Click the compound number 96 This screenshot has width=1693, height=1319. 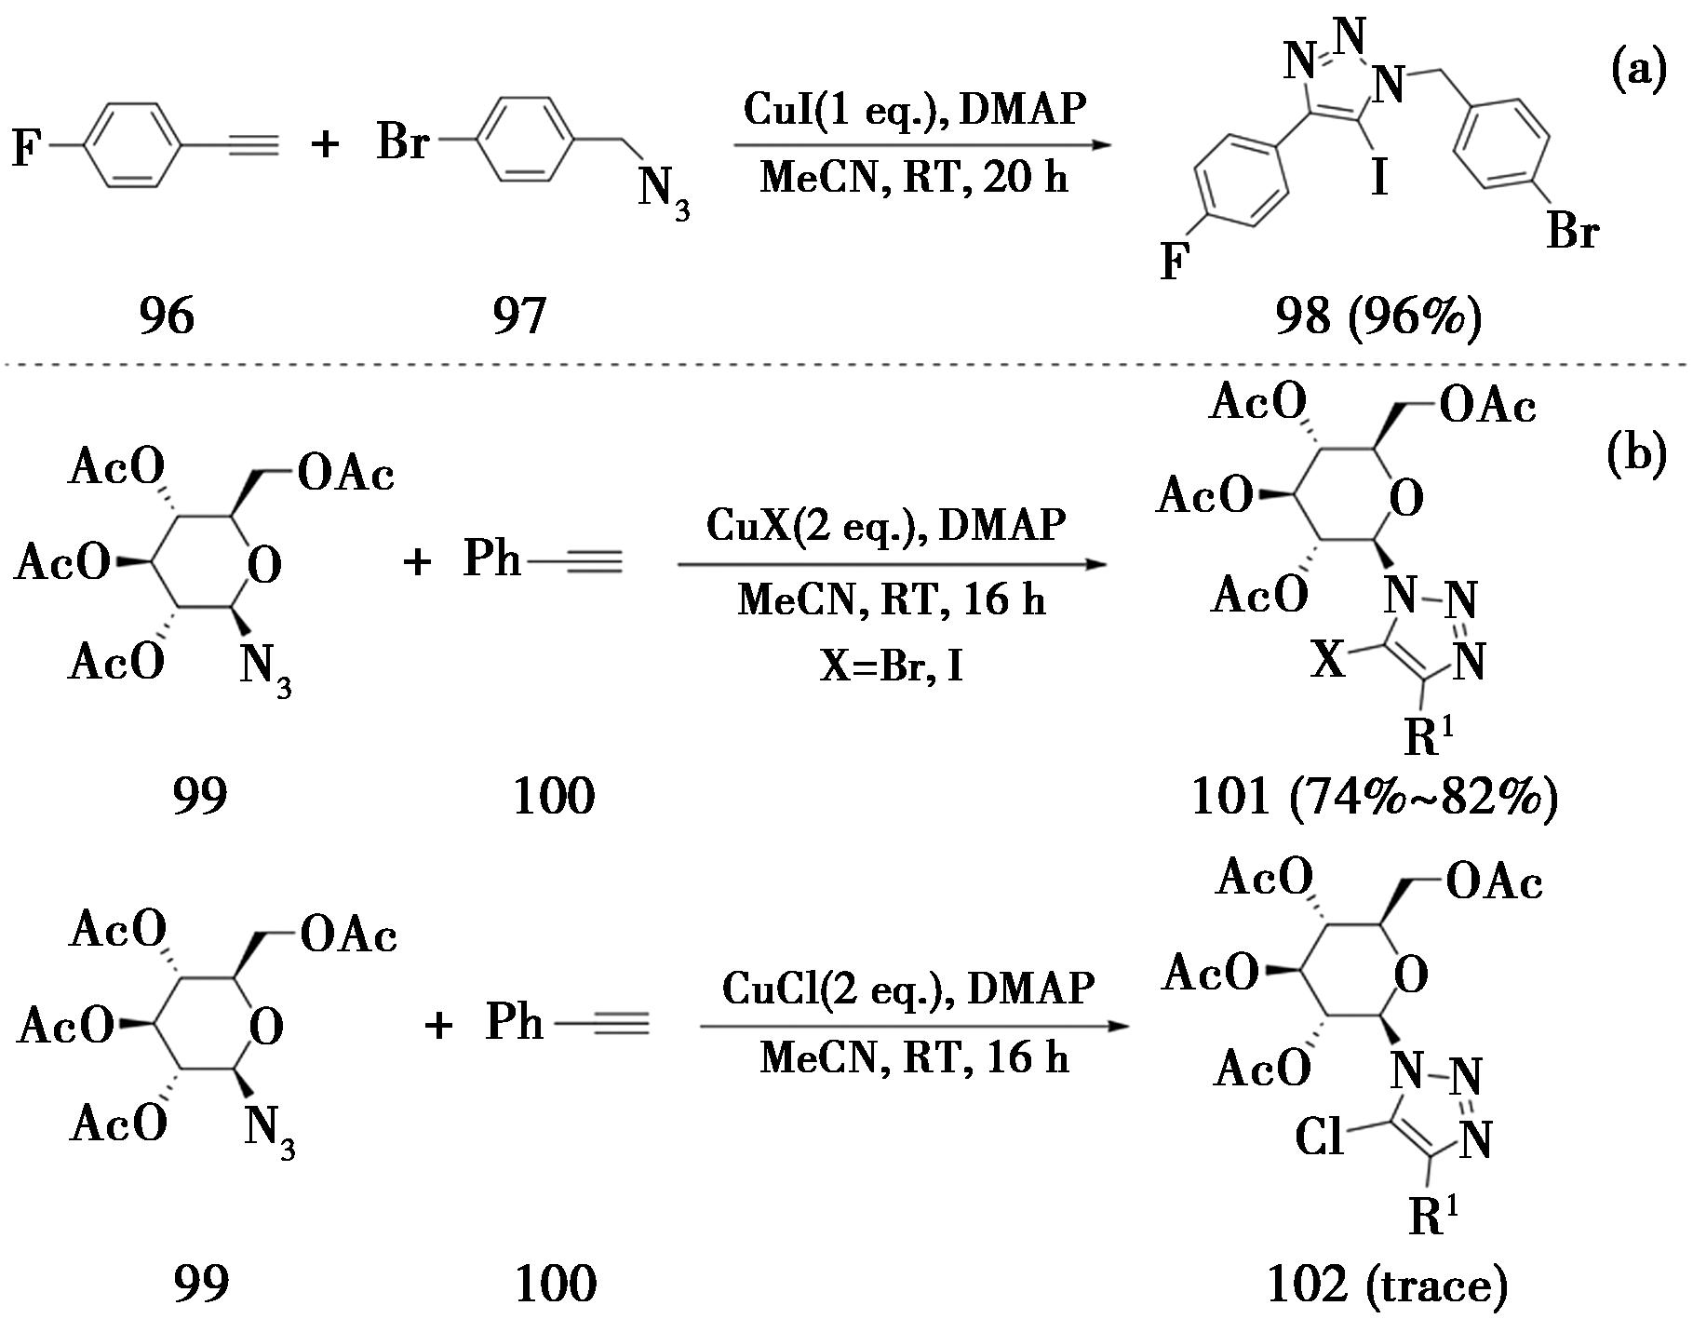tap(167, 316)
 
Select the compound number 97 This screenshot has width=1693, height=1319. tap(519, 316)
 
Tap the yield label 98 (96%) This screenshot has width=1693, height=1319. tap(1377, 316)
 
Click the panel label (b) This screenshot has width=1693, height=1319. tap(1637, 455)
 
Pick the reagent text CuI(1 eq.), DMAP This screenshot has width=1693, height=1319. tap(914, 110)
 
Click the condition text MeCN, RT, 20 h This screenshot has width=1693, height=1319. tap(914, 176)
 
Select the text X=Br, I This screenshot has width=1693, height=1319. tap(891, 666)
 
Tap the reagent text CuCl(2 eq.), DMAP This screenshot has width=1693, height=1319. tap(907, 988)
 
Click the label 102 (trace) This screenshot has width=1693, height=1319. tap(1387, 1285)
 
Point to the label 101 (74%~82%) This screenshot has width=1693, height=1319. tap(1375, 797)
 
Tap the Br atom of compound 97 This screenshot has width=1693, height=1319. tap(402, 143)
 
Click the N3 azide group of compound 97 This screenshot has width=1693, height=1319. tap(663, 194)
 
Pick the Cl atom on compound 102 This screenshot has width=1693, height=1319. tap(1320, 1137)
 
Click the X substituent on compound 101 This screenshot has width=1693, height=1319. tap(1328, 660)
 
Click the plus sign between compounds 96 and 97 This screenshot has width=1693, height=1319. tap(324, 145)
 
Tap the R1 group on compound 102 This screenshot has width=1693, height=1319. tap(1433, 1216)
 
